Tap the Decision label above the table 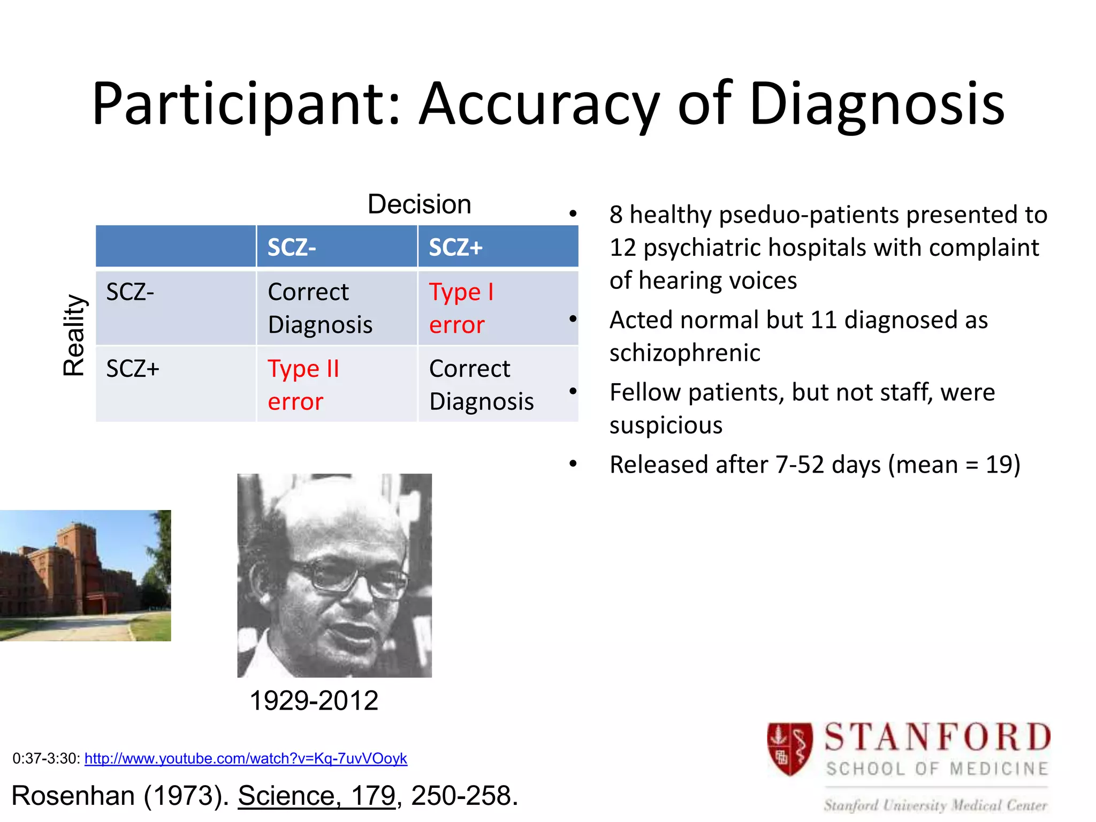pos(419,204)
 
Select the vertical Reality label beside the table pos(74,336)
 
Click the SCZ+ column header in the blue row pos(455,247)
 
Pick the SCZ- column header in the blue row pos(292,247)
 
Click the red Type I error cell pos(461,308)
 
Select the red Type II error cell pos(303,385)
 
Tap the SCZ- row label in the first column pos(130,292)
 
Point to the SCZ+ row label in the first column pos(133,369)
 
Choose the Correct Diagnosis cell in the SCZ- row pos(319,308)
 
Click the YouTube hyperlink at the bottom pos(246,758)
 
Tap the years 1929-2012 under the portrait pos(314,701)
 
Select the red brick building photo pos(86,575)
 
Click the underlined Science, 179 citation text pos(316,796)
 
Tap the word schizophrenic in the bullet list pos(684,353)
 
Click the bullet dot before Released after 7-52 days pos(573,463)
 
